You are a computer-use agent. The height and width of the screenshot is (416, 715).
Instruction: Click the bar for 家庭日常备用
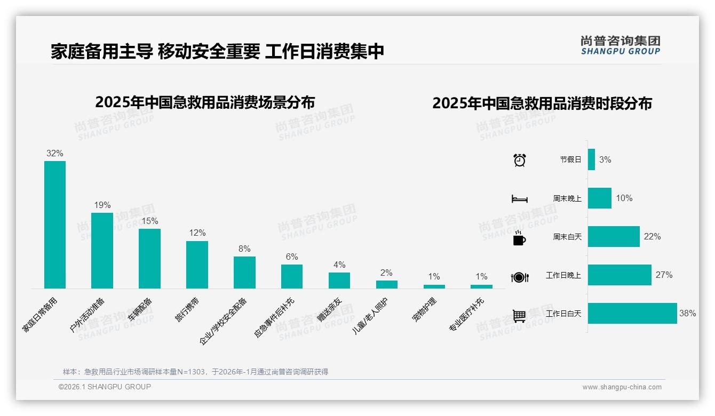(55, 225)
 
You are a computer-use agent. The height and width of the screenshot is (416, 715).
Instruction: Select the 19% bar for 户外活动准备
(102, 251)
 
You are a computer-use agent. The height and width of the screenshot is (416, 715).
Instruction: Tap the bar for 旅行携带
(197, 265)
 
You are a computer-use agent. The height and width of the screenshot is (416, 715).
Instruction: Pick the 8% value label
(244, 249)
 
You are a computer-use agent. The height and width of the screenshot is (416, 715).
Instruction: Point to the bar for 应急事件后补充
(292, 276)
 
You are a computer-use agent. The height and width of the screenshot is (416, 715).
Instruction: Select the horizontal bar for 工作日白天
(632, 314)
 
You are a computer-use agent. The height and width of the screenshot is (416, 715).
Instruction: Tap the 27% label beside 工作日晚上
(664, 275)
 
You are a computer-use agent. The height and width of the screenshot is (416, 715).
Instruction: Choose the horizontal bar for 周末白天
(614, 236)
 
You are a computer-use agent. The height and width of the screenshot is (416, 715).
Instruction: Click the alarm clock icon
(520, 160)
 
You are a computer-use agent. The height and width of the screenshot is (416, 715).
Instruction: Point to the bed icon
(520, 199)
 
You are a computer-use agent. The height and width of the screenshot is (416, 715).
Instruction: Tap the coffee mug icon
(519, 238)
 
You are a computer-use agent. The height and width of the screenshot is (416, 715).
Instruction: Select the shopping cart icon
(519, 316)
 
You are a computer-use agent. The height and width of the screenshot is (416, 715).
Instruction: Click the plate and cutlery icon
(520, 277)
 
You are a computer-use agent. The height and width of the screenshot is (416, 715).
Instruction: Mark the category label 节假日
(570, 159)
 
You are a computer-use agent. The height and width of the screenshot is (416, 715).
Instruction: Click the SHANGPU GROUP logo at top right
(621, 45)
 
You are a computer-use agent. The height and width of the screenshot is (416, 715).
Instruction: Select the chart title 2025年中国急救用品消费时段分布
(542, 103)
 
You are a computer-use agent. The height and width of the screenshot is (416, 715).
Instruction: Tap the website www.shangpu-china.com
(622, 387)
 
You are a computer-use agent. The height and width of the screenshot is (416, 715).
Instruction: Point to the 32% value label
(55, 153)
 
